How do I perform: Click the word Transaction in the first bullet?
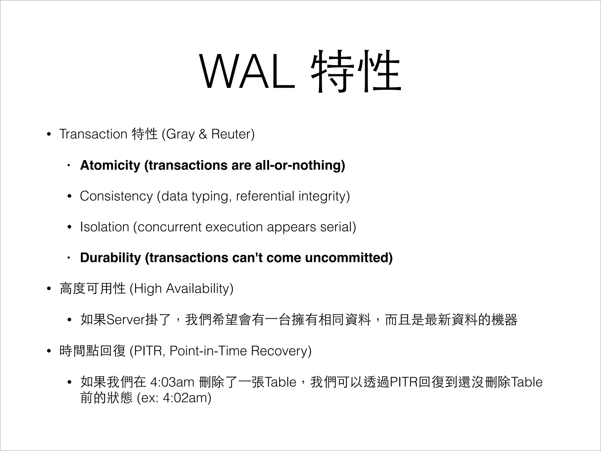point(93,134)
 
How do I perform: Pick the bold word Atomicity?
point(110,165)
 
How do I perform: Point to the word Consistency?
point(116,196)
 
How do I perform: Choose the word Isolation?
point(104,227)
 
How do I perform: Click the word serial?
point(337,227)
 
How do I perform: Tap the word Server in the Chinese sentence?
point(125,320)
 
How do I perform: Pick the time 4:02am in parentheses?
point(185,398)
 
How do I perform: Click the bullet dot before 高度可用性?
point(49,289)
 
